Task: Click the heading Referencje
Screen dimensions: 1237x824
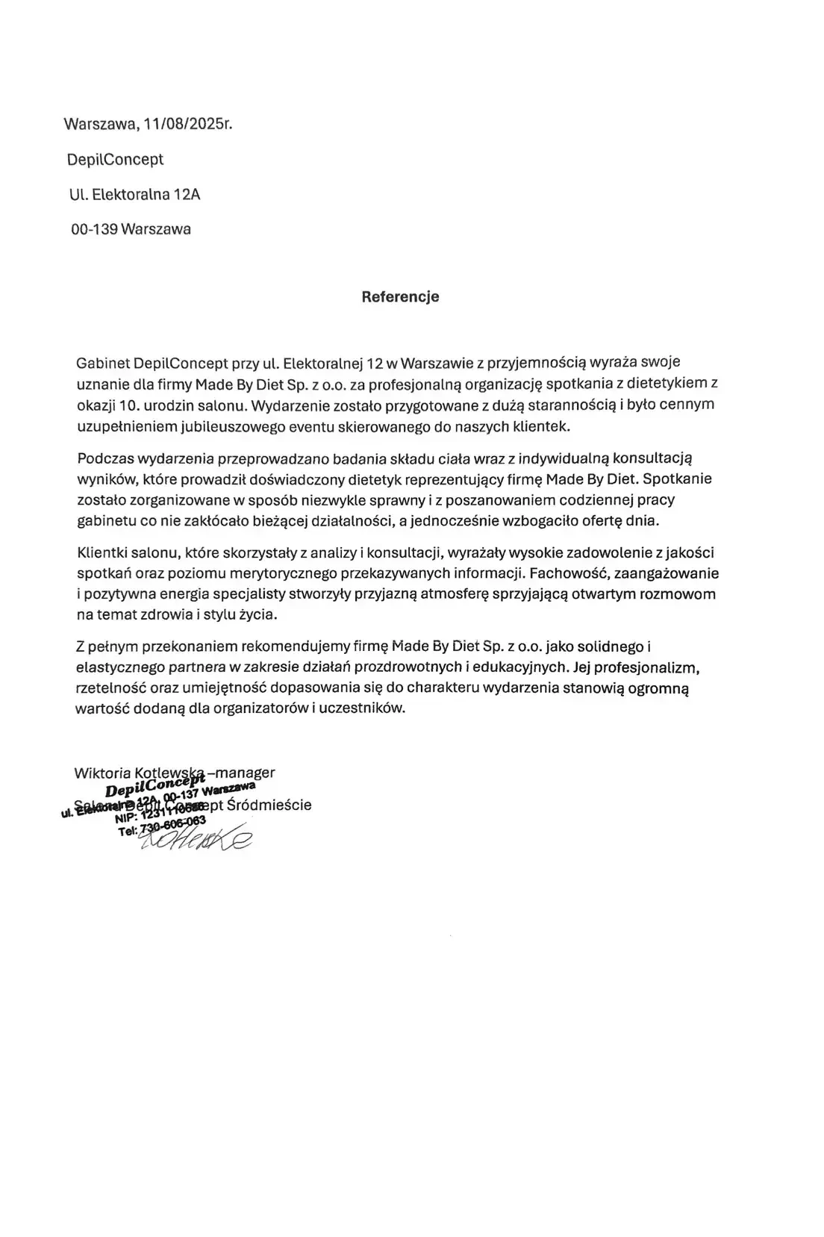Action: point(400,296)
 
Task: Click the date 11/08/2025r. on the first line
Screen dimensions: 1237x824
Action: point(188,124)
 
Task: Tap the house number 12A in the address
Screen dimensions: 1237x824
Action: point(187,195)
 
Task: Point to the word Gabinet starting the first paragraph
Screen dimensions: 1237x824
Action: point(102,364)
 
